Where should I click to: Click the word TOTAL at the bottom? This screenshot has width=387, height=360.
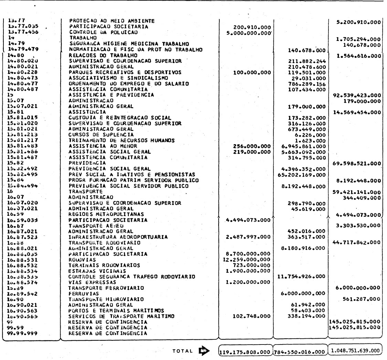click(x=183, y=349)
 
